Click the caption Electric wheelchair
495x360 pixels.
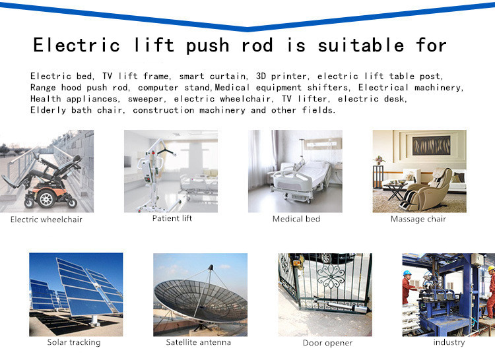(46, 220)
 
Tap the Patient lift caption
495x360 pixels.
(172, 218)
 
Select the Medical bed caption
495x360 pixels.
(296, 219)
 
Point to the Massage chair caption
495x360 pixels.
(418, 219)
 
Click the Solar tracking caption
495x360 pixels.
(74, 342)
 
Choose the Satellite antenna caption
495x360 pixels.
(199, 342)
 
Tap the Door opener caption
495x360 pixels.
(327, 343)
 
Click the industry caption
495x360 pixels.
(449, 342)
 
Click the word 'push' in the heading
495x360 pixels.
(207, 46)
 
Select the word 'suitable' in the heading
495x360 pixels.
(361, 45)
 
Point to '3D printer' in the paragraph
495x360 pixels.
(281, 76)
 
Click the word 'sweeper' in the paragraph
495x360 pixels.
(145, 99)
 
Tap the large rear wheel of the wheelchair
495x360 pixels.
(46, 198)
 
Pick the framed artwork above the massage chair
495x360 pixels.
(431, 145)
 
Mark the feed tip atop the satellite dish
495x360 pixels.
(211, 268)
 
